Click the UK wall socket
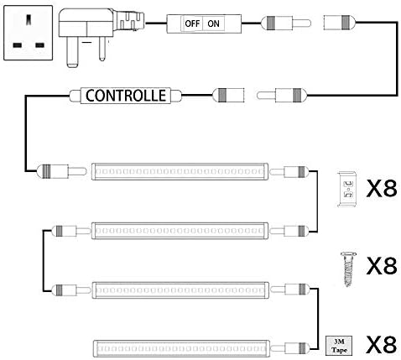point(28,33)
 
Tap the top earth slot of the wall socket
point(29,19)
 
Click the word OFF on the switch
point(192,23)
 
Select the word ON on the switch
point(213,23)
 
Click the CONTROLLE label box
point(125,96)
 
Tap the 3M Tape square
point(339,346)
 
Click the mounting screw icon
point(348,269)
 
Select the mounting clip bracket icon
point(346,189)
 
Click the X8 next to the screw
point(382,266)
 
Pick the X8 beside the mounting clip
point(382,189)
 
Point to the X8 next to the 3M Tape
point(382,345)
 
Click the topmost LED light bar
point(180,171)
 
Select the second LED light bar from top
point(180,231)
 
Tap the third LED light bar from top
point(180,290)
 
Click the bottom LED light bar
point(181,348)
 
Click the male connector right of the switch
point(286,23)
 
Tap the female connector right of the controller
point(228,95)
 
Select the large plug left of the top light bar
point(61,171)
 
